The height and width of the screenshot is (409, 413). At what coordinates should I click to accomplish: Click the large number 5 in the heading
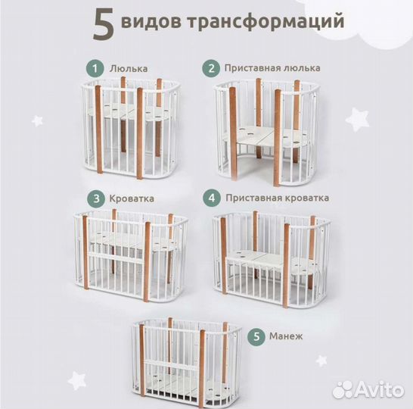(x=104, y=24)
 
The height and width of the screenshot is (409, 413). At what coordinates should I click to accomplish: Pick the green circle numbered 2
(x=210, y=67)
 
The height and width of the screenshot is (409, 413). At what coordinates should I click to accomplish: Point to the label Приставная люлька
(x=272, y=67)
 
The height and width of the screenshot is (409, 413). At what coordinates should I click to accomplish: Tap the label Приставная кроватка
(x=277, y=198)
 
